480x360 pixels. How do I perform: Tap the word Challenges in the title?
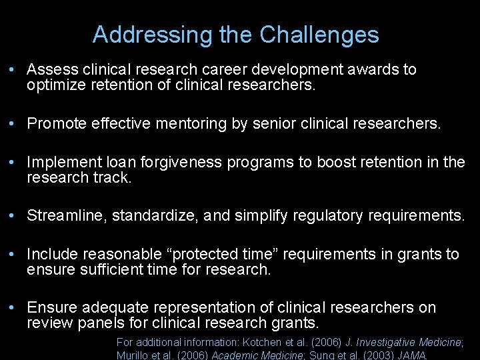[319, 35]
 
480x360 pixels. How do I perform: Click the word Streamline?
[67, 215]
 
